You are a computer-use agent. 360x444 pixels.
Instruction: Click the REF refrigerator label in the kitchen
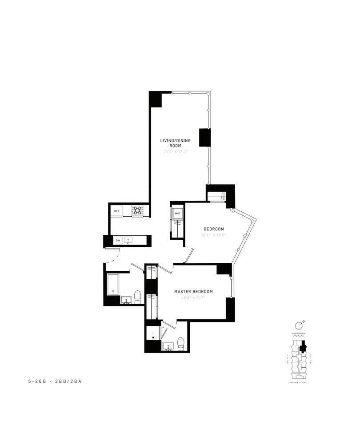tap(116, 211)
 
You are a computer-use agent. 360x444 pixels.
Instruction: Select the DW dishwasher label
tap(118, 241)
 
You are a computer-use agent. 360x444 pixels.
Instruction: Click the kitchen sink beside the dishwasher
tap(128, 241)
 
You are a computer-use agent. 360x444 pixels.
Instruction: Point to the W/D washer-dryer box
tap(177, 213)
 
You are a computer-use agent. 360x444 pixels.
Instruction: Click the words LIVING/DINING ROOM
tap(176, 143)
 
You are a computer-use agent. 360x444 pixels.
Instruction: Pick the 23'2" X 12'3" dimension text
tap(176, 152)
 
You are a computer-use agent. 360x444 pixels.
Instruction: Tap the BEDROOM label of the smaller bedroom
tap(214, 229)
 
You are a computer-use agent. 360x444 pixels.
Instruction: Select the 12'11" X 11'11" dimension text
tap(214, 235)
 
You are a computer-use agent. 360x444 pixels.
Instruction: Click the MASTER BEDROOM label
tap(193, 292)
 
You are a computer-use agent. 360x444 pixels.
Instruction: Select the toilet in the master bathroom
tap(180, 343)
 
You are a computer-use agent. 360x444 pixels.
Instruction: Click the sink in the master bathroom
tap(168, 346)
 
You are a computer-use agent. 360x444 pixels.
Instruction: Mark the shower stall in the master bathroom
tap(152, 334)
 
